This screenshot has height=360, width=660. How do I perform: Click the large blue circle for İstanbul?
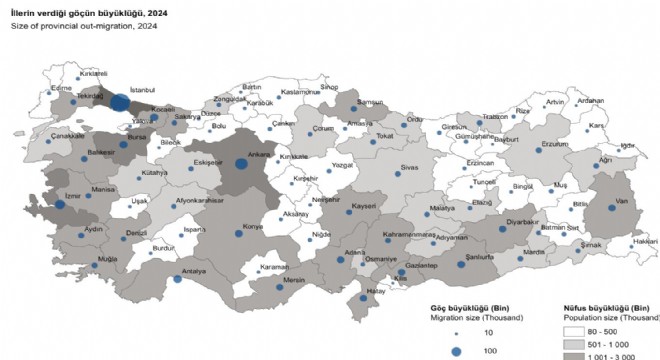tap(119, 102)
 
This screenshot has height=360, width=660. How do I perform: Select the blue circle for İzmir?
tap(59, 205)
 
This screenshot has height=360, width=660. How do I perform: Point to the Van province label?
tap(606, 197)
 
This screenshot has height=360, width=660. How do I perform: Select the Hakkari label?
tap(645, 242)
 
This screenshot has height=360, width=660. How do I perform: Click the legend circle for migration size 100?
tap(458, 351)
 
